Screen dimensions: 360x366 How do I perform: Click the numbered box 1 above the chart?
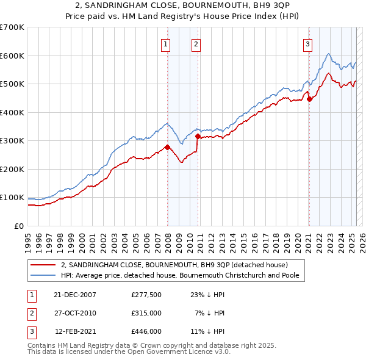tap(166, 43)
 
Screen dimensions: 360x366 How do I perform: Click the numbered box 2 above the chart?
tap(196, 43)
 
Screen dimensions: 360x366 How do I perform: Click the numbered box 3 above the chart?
tap(308, 43)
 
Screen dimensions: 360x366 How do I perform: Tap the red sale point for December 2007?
tap(167, 147)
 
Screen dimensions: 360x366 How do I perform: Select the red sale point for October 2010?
tap(198, 137)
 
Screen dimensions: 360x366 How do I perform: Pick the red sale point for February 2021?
tap(309, 99)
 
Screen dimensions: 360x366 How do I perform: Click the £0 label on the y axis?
tap(20, 226)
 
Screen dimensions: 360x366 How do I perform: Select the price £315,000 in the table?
tap(146, 313)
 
